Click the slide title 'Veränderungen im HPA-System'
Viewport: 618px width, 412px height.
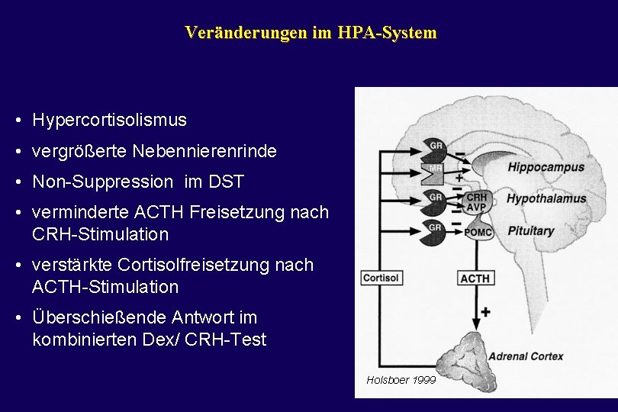tap(311, 33)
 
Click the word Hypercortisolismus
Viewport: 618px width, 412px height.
tap(109, 121)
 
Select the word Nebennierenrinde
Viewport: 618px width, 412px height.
tap(204, 151)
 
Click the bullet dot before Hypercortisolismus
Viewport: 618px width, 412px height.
tap(16, 121)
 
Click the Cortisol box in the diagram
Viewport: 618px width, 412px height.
tap(381, 278)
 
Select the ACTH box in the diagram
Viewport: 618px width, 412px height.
tap(475, 278)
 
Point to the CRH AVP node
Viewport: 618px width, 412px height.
tap(476, 202)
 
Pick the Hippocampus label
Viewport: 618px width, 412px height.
tap(546, 167)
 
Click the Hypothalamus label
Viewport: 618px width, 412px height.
tap(546, 199)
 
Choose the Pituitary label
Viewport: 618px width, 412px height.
tap(531, 230)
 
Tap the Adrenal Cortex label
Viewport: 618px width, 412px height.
tap(526, 356)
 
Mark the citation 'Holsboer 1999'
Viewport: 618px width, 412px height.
tap(401, 379)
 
